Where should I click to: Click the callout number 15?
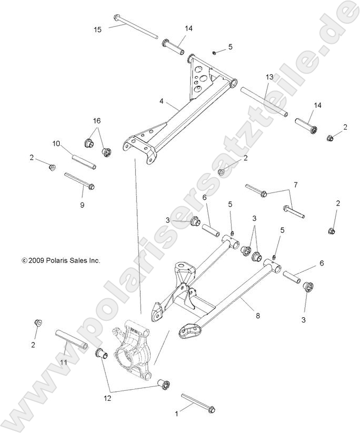[97, 30]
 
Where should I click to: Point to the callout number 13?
[269, 77]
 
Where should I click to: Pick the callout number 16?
[97, 121]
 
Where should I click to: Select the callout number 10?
[57, 143]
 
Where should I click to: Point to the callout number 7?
[296, 185]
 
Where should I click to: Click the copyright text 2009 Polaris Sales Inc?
[60, 260]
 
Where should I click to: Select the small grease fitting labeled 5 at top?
[214, 52]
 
